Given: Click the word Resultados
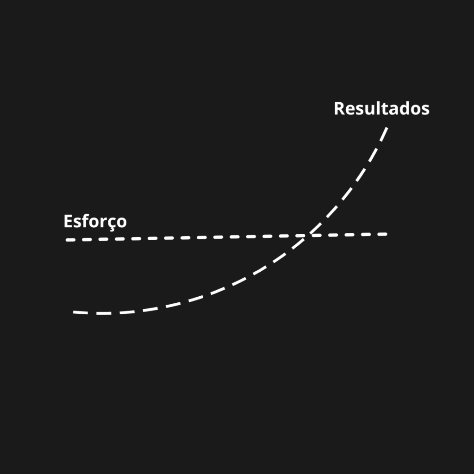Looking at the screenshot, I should [x=381, y=108].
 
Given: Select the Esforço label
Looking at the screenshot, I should [x=95, y=221].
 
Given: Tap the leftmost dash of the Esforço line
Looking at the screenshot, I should [x=70, y=240].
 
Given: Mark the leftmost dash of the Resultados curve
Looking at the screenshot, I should [x=80, y=313].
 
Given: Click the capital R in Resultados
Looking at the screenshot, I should [x=339, y=108].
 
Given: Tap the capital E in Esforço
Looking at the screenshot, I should [x=68, y=221].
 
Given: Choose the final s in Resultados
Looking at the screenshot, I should [x=425, y=110].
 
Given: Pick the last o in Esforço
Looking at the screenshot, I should [x=121, y=222].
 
